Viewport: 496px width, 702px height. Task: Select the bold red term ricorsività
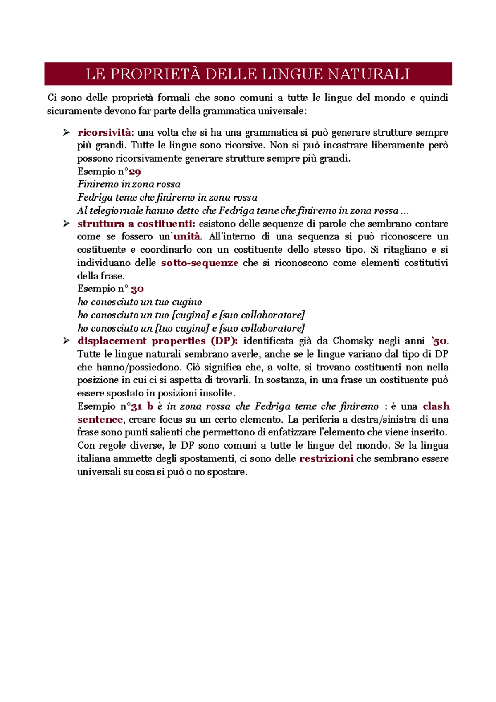click(x=104, y=133)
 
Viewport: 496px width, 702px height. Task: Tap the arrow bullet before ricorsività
click(x=66, y=133)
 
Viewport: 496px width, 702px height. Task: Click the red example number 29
click(x=135, y=172)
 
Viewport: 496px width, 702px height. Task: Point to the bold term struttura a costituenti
click(x=136, y=224)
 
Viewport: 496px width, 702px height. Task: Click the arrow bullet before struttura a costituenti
click(x=66, y=224)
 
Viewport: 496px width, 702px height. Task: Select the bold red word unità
click(x=186, y=237)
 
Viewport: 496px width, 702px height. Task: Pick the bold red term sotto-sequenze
click(x=200, y=263)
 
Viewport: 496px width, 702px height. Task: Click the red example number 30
click(x=137, y=289)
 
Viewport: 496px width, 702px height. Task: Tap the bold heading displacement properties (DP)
click(x=157, y=341)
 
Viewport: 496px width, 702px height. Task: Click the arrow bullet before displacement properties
click(x=66, y=341)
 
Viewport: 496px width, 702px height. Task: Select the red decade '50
click(x=439, y=341)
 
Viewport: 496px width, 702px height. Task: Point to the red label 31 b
click(x=142, y=406)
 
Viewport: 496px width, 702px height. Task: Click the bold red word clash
click(x=436, y=406)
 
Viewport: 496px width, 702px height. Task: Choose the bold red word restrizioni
click(x=326, y=458)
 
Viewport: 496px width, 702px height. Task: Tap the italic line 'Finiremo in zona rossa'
click(x=129, y=185)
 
